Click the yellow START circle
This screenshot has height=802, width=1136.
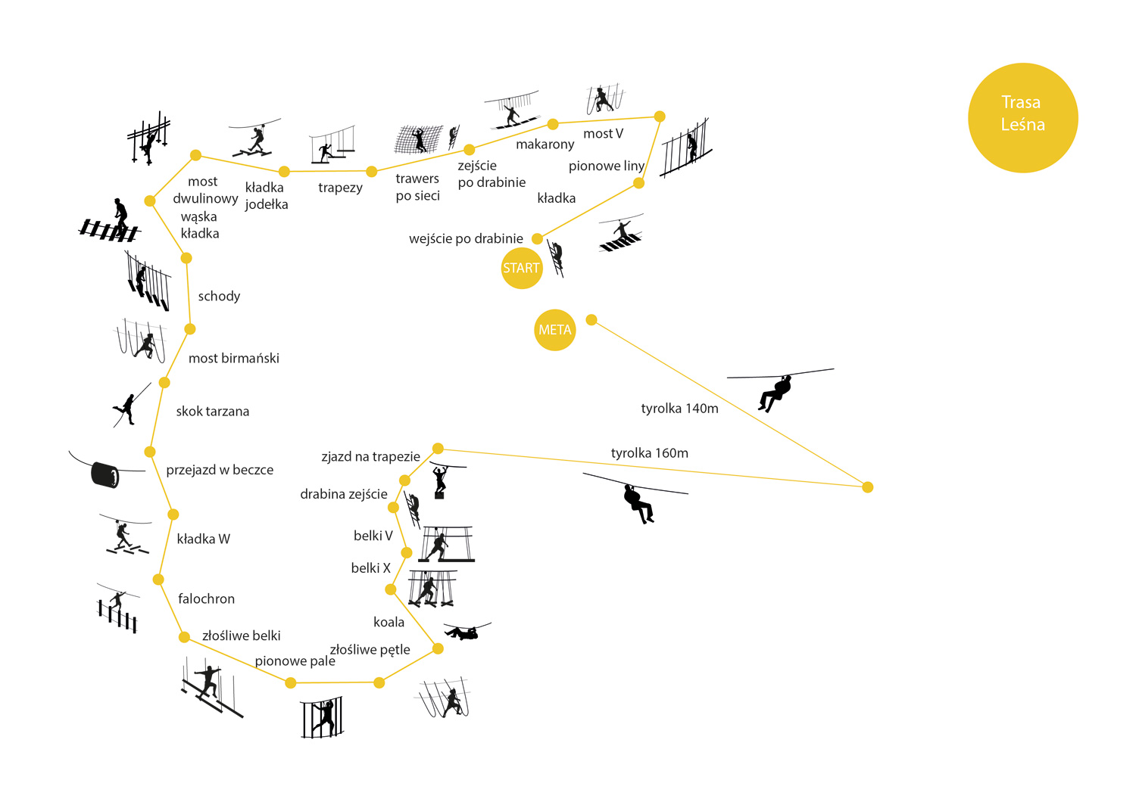522,268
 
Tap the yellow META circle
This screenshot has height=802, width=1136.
554,330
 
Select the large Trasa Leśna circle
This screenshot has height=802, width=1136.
1022,117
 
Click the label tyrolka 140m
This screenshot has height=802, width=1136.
679,409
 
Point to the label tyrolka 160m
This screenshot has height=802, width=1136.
649,453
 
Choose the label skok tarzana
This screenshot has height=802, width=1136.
212,412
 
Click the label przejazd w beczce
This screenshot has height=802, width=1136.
220,470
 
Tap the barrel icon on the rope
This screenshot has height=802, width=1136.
105,474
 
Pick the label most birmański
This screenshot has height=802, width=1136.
233,359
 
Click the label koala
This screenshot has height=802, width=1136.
389,622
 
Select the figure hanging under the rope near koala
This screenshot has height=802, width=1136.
464,632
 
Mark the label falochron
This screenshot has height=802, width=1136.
206,599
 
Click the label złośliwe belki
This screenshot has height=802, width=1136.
241,636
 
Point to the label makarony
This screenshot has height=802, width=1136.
545,145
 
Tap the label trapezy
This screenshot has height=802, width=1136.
340,188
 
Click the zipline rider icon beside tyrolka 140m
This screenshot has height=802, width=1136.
776,392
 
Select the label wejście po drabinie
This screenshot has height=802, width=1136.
466,239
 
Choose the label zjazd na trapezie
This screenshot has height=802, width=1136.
370,457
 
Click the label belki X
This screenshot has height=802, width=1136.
370,568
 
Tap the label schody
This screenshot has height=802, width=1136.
219,297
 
